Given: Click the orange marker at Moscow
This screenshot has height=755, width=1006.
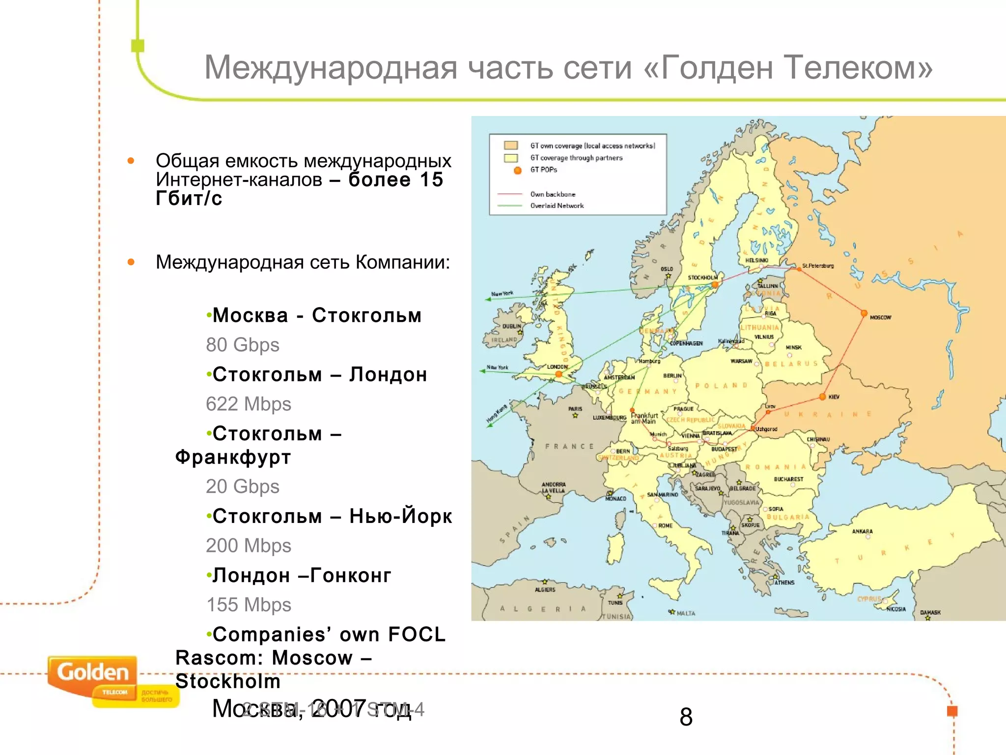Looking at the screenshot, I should pos(864,313).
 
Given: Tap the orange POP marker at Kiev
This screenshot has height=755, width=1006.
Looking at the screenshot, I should pos(822,397).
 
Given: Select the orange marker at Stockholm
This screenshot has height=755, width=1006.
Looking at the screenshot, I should pos(715,285).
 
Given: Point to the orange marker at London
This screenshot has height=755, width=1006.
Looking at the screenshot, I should pos(559,374).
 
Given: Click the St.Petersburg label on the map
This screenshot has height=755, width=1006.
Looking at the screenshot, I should pos(818,266).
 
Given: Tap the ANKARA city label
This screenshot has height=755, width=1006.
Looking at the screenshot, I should pos(862,531).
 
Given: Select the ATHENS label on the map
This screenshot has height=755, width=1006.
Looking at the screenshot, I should pos(784,582).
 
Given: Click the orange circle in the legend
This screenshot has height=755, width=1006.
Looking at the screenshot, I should pos(517,170).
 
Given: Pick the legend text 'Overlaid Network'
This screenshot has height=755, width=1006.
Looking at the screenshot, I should pos(557,206).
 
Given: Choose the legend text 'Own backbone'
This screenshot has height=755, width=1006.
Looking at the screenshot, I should pos(552,194).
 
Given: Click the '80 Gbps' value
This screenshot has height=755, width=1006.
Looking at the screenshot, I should pos(242,345).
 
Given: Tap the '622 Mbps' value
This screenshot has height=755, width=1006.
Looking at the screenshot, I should pos(248,404).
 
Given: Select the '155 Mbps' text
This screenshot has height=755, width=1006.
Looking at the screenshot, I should pos(248,605).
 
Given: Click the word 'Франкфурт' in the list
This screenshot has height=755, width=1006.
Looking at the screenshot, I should pos(233,457).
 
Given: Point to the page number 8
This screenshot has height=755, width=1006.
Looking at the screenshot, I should pos(686,717).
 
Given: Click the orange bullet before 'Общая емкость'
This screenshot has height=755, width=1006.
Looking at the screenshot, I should pos(131,161).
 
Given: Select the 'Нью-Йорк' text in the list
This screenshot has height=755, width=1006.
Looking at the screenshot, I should pos(400,516).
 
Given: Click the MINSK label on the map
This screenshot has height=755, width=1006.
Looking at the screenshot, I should pos(793,348).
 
